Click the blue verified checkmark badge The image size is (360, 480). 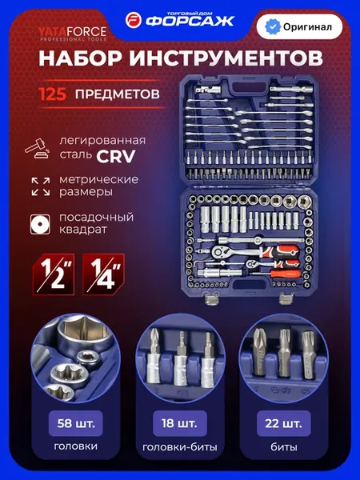click(x=272, y=27)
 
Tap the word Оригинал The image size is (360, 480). click(x=307, y=27)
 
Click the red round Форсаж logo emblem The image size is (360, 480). click(x=134, y=21)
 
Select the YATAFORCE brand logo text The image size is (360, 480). click(x=73, y=31)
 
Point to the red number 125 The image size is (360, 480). click(x=52, y=94)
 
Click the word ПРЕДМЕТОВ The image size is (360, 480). click(x=118, y=94)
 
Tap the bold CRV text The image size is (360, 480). click(x=115, y=157)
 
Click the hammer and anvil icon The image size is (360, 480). click(x=38, y=149)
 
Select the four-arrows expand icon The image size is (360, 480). click(x=41, y=186)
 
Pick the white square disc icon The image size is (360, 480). click(x=40, y=224)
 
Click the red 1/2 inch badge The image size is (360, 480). click(x=54, y=274)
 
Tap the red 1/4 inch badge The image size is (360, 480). click(x=103, y=274)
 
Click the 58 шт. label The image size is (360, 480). click(x=76, y=424)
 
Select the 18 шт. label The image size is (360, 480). click(x=180, y=424)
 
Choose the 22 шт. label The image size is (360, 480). click(x=283, y=424)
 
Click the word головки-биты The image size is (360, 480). click(x=180, y=447)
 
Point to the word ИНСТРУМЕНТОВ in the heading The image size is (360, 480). click(x=226, y=58)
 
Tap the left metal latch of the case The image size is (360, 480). click(x=211, y=298)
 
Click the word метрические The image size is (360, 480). click(x=98, y=179)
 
